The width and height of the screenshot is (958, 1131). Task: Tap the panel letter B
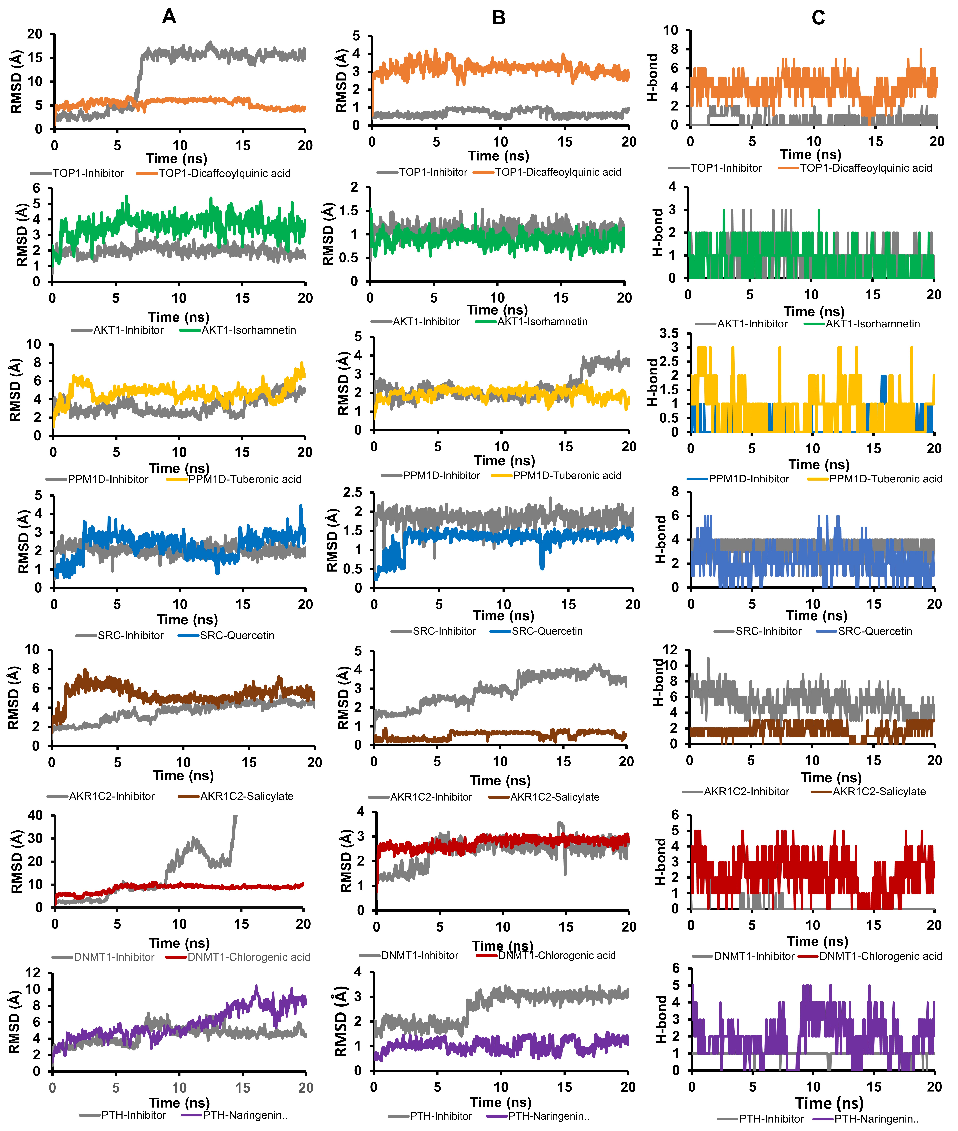(x=499, y=18)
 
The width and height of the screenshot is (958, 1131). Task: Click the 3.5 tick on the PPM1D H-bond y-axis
(x=669, y=333)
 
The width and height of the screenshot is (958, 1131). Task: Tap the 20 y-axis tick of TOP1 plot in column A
(x=35, y=34)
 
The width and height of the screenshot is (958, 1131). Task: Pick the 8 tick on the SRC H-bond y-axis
(x=675, y=492)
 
